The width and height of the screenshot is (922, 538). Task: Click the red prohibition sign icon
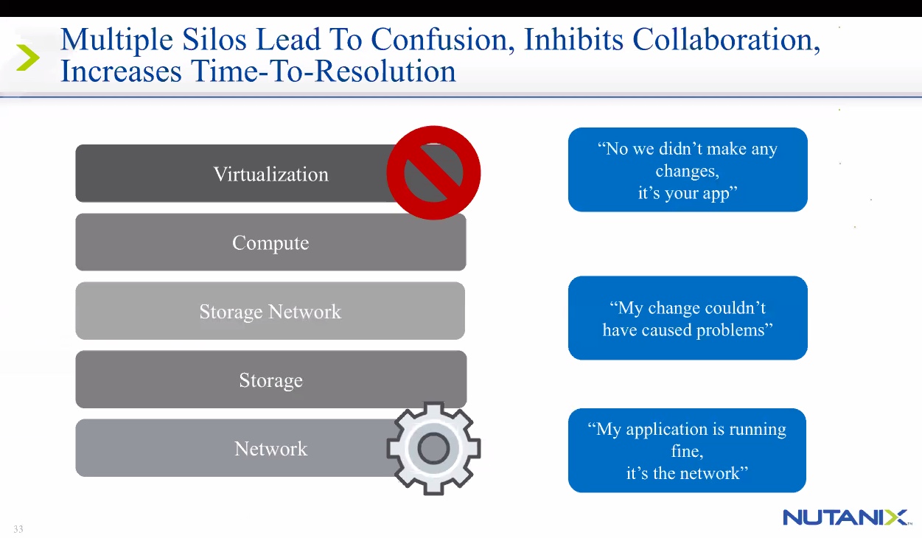coord(433,172)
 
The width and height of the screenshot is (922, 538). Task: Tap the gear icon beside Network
coord(433,448)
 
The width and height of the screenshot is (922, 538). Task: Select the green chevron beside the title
coord(28,57)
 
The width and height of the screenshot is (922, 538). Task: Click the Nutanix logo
coord(847,517)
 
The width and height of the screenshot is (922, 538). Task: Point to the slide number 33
coord(18,529)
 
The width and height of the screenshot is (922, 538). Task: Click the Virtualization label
coord(270,174)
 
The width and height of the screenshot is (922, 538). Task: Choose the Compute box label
coord(270,243)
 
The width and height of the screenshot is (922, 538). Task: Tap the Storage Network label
coord(270,312)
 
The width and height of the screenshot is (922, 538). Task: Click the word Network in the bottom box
coord(270,449)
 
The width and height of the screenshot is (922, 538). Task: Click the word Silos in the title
coord(214,40)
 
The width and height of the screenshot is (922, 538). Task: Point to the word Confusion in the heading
coord(442,41)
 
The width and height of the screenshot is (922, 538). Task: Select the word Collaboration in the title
coord(726,41)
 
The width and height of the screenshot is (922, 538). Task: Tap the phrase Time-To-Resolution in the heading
coord(324,71)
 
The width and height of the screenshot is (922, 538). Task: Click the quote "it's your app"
coord(688,193)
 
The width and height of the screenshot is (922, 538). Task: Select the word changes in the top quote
coord(687,171)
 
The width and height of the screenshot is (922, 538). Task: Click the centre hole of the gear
coord(433,448)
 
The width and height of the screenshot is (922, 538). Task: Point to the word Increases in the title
coord(121,71)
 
